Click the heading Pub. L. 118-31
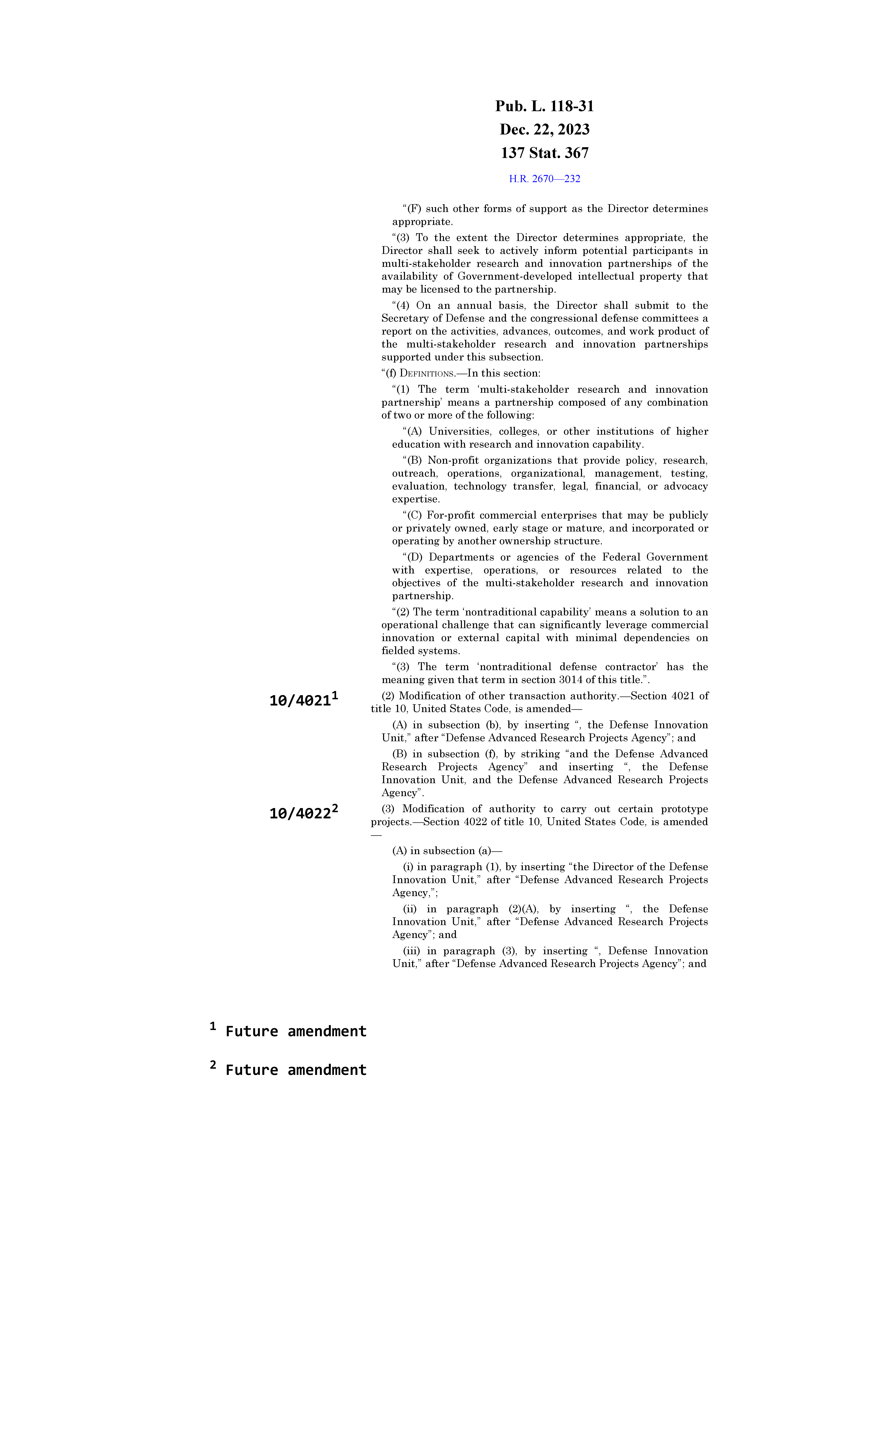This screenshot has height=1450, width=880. pyautogui.click(x=544, y=107)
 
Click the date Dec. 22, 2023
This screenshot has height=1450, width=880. pyautogui.click(x=544, y=129)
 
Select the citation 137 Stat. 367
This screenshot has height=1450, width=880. pyautogui.click(x=544, y=153)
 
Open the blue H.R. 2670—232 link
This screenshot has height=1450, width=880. pyautogui.click(x=544, y=179)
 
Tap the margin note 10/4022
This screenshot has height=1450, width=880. pyautogui.click(x=300, y=814)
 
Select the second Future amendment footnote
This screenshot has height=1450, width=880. pyautogui.click(x=295, y=1070)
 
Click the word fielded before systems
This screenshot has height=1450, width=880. pyautogui.click(x=397, y=651)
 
